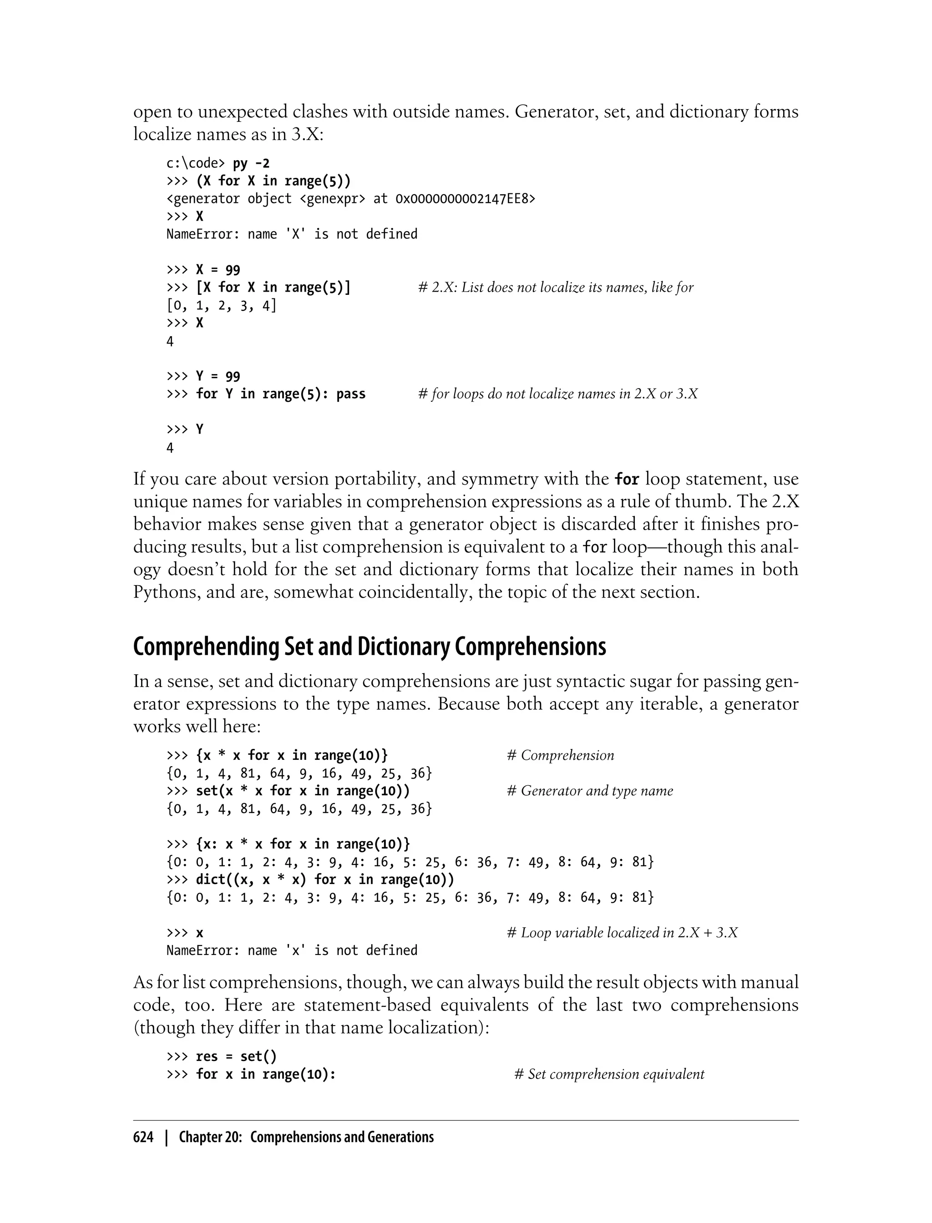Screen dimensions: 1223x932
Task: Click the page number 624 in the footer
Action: click(143, 1137)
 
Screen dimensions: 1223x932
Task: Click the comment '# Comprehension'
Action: click(560, 755)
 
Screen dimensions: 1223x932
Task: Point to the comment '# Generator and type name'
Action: click(590, 791)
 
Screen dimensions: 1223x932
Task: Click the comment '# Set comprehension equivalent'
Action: click(609, 1074)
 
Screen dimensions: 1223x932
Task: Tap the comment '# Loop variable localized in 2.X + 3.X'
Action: click(623, 933)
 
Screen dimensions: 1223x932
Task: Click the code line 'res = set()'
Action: click(236, 1056)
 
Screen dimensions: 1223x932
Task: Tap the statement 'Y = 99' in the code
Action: click(218, 377)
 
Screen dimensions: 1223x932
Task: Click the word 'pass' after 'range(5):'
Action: click(350, 394)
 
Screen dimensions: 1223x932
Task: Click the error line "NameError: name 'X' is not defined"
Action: click(291, 234)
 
